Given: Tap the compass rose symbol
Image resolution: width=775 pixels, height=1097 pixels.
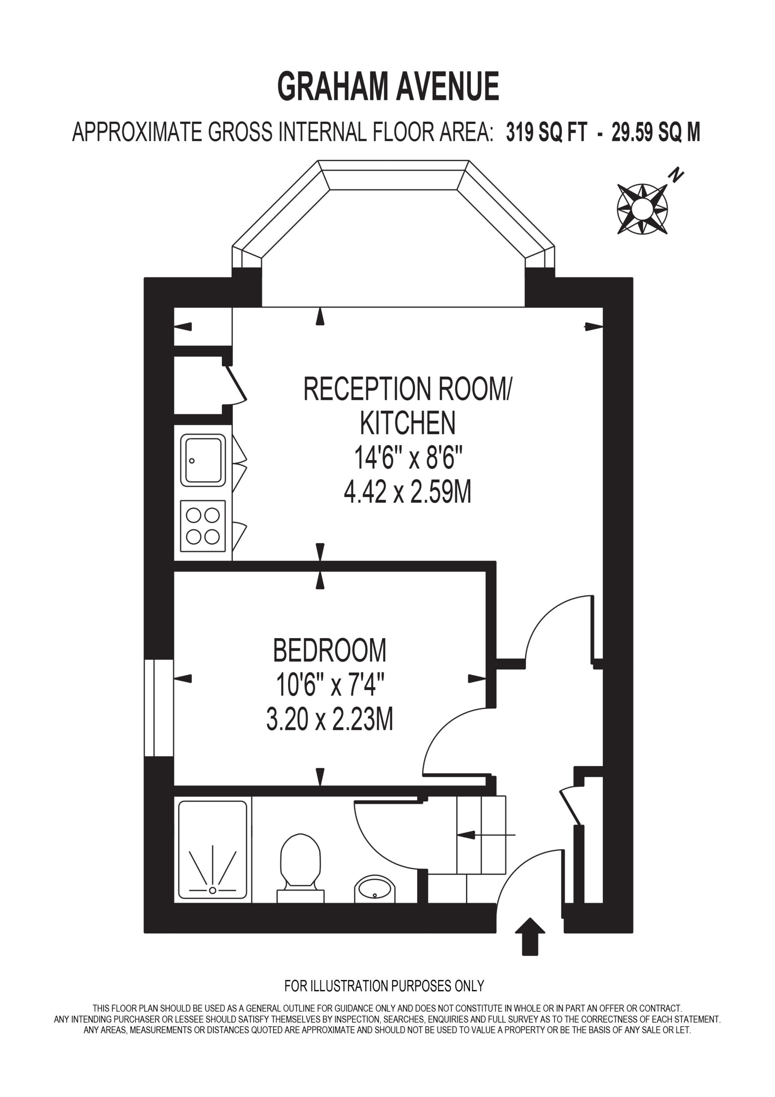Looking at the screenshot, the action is pyautogui.click(x=642, y=209).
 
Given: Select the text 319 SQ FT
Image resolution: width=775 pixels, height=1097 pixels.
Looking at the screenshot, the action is pyautogui.click(x=546, y=132).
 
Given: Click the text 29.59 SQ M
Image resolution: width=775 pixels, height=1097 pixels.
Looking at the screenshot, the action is pyautogui.click(x=656, y=132).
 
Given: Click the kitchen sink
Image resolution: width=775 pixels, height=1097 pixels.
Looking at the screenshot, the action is pyautogui.click(x=203, y=460).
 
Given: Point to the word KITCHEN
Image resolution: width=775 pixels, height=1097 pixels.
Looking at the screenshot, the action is pyautogui.click(x=407, y=423).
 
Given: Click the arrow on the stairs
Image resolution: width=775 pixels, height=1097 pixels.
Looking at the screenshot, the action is pyautogui.click(x=486, y=835).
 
